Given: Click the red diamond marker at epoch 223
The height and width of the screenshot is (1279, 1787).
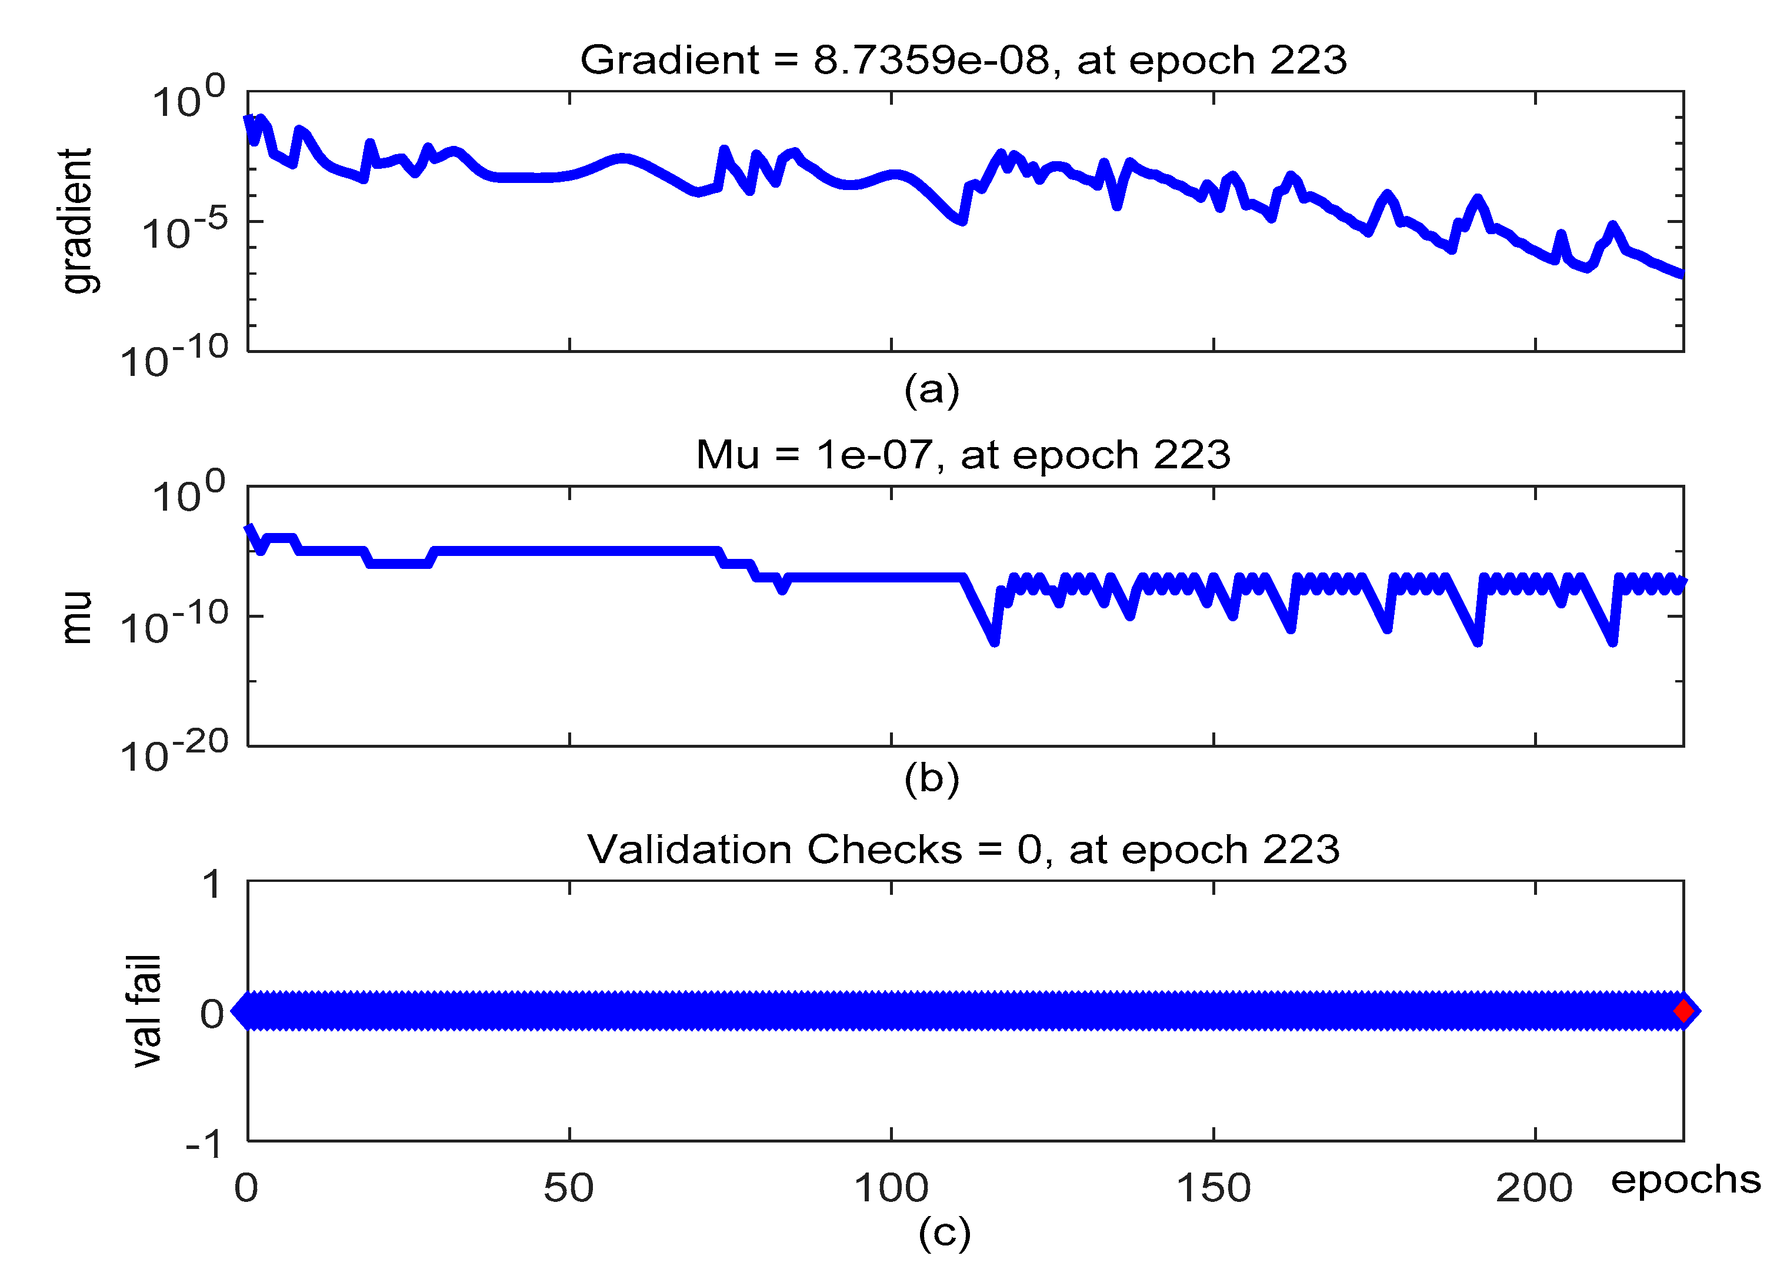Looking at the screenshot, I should coord(1683,1011).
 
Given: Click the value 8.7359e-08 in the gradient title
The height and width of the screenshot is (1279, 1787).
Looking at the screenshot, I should coord(931,60).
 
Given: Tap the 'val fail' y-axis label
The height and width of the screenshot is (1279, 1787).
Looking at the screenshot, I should coord(147,1011).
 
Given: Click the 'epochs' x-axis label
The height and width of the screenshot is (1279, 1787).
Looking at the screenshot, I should coord(1685,1180).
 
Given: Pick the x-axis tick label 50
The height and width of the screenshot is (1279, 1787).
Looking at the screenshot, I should coord(568,1188).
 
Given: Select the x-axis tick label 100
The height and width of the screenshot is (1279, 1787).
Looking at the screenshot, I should coord(891,1188).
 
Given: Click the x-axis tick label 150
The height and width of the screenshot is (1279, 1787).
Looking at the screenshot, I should coord(1213,1188).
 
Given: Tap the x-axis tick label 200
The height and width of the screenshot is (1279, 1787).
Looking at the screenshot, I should coord(1534,1188).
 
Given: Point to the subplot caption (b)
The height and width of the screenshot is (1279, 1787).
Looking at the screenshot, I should coord(931,779).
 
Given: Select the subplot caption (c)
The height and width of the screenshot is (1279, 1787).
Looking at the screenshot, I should coord(944,1233).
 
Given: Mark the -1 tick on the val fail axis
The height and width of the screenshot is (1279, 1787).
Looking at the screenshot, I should coord(204,1144).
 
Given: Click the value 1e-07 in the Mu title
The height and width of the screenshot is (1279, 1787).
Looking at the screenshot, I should coord(874,455).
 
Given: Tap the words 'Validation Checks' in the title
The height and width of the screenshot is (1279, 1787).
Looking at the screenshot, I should coord(775,850).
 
